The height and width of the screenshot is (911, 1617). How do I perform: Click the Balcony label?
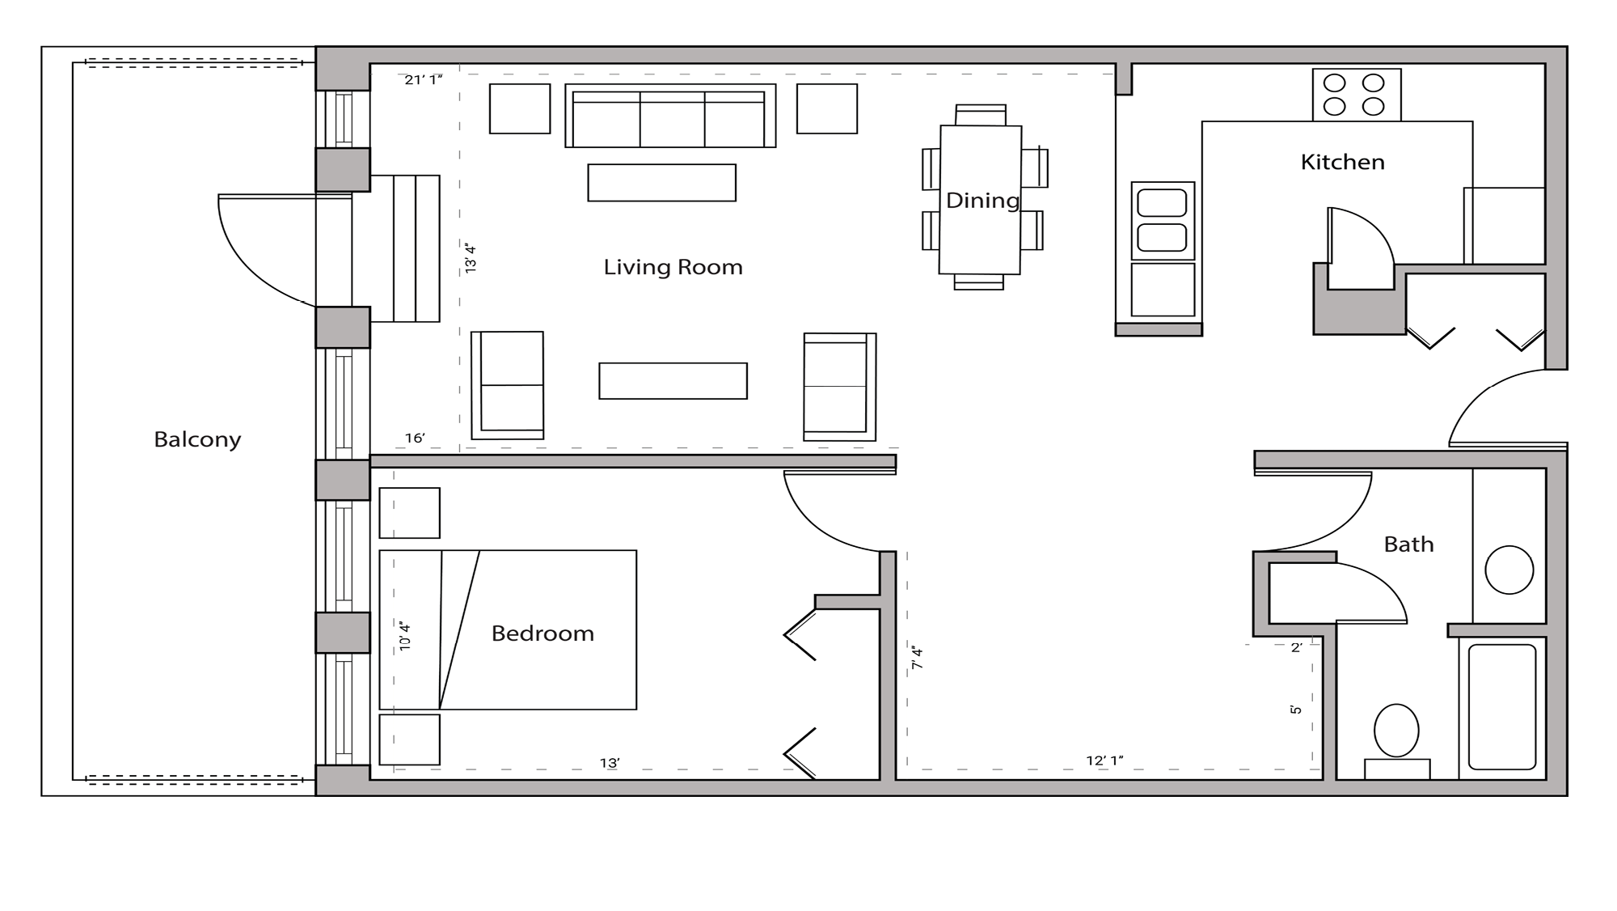[197, 439]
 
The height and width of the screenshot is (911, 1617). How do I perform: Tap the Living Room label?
[673, 267]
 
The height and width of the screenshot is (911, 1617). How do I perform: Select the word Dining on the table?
[982, 201]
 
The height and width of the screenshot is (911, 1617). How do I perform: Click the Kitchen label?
[1342, 162]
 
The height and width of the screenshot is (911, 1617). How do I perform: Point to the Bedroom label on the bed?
[543, 633]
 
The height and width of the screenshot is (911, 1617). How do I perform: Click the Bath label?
[1408, 544]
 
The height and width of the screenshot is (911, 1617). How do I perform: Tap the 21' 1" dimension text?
[424, 79]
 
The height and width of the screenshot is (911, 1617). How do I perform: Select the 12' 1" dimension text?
[1104, 761]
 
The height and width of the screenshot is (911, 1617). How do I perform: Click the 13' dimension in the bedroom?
[610, 763]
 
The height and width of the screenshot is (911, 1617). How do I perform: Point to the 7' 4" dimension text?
[917, 657]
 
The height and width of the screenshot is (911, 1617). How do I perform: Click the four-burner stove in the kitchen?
[1356, 95]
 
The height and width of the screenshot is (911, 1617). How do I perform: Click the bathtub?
[1501, 706]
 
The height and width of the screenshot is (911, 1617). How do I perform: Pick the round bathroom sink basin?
[1509, 570]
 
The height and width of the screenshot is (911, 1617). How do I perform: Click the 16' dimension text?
[415, 438]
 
